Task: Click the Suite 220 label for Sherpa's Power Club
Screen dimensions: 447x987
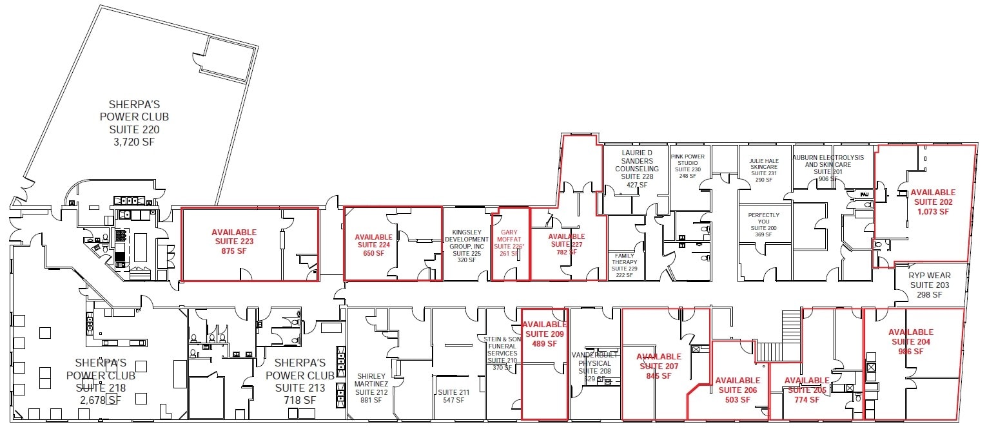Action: [134, 129]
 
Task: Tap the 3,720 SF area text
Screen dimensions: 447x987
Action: [134, 142]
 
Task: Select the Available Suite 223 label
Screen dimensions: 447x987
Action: [234, 242]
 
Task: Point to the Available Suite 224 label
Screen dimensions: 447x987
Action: [373, 245]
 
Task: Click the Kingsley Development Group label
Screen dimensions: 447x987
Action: [467, 245]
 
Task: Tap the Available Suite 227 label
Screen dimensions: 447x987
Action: [566, 244]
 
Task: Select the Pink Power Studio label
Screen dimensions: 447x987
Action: [688, 166]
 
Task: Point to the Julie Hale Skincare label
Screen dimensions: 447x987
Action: [763, 171]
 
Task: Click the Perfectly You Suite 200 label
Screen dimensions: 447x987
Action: [763, 224]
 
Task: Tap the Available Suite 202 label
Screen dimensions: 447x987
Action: [932, 202]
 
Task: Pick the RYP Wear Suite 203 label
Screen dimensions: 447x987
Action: [930, 285]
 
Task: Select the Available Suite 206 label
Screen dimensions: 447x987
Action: [737, 390]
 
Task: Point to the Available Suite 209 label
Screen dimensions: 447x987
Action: [544, 334]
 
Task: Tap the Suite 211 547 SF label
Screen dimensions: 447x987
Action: [453, 395]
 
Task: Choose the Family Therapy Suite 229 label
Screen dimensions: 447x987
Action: [624, 265]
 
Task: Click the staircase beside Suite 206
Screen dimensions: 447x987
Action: [768, 352]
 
